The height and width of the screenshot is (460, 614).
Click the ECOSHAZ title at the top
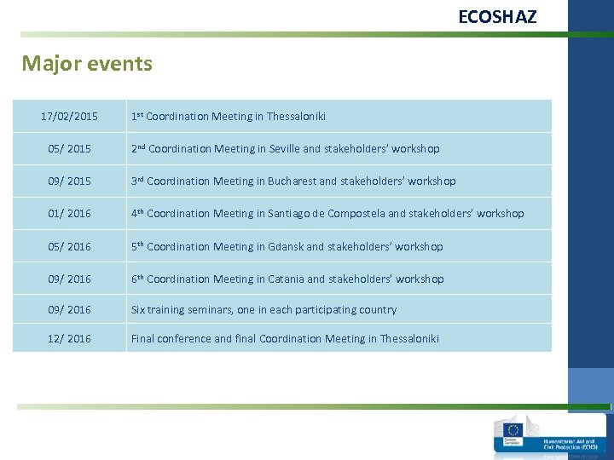497,16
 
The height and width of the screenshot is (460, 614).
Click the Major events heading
87,64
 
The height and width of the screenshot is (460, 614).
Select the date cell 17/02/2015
70,116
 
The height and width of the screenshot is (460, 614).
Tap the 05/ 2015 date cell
70,149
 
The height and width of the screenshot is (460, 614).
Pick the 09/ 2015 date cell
70,181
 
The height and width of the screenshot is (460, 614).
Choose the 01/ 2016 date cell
70,214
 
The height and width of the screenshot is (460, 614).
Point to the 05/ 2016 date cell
70,247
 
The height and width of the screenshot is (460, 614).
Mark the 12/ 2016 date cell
70,339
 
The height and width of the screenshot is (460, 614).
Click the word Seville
284,149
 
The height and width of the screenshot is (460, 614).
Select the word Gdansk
286,247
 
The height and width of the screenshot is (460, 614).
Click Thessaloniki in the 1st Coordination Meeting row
296,117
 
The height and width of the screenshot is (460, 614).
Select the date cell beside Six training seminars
70,310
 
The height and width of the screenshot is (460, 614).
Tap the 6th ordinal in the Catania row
136,279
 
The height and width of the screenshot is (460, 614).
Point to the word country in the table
378,310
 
